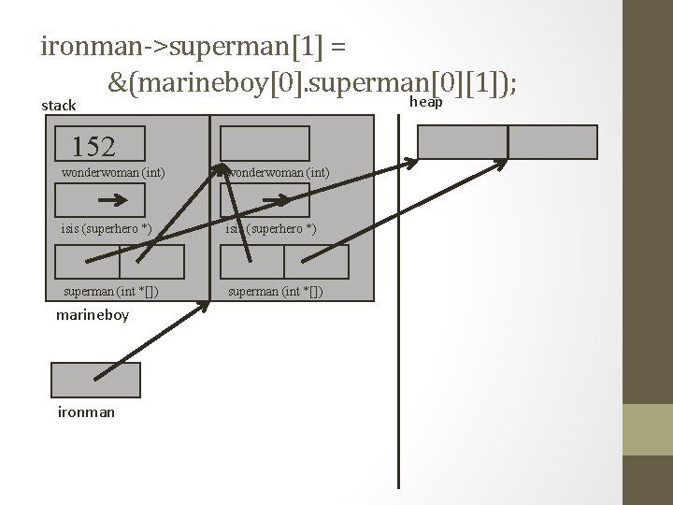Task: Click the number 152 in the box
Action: pos(93,146)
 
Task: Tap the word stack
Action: pos(59,106)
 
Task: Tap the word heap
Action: pos(426,102)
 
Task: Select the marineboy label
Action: pos(93,315)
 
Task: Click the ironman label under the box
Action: pos(87,411)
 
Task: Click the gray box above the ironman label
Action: pos(95,380)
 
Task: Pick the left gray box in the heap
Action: pos(462,141)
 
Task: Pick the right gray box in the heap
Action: pos(552,141)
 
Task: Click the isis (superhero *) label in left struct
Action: pos(106,230)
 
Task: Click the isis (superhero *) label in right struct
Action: pos(269,230)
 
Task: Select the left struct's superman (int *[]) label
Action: pos(110,291)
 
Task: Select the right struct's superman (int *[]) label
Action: pos(277,291)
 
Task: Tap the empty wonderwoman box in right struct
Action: pos(265,143)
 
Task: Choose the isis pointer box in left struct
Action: pos(100,200)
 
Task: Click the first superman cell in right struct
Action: pos(252,262)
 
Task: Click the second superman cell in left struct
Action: pos(152,262)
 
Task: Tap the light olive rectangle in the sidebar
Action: pos(648,429)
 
